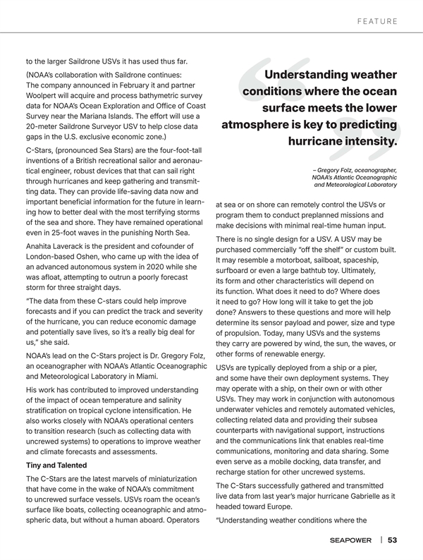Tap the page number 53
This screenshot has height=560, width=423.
pos(393,540)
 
